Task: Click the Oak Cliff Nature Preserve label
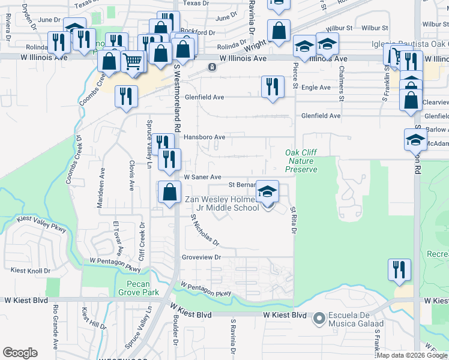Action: [x=301, y=161]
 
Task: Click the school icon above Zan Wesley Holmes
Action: [x=268, y=191]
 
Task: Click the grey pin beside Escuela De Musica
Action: [x=319, y=316]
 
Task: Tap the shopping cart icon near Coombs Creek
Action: [x=133, y=61]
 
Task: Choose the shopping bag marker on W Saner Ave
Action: [x=170, y=192]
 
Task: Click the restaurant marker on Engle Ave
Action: [x=273, y=86]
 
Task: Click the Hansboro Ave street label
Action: [x=205, y=137]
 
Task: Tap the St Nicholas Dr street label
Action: [x=205, y=231]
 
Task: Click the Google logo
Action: [x=20, y=353]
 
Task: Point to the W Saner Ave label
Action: [x=202, y=177]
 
